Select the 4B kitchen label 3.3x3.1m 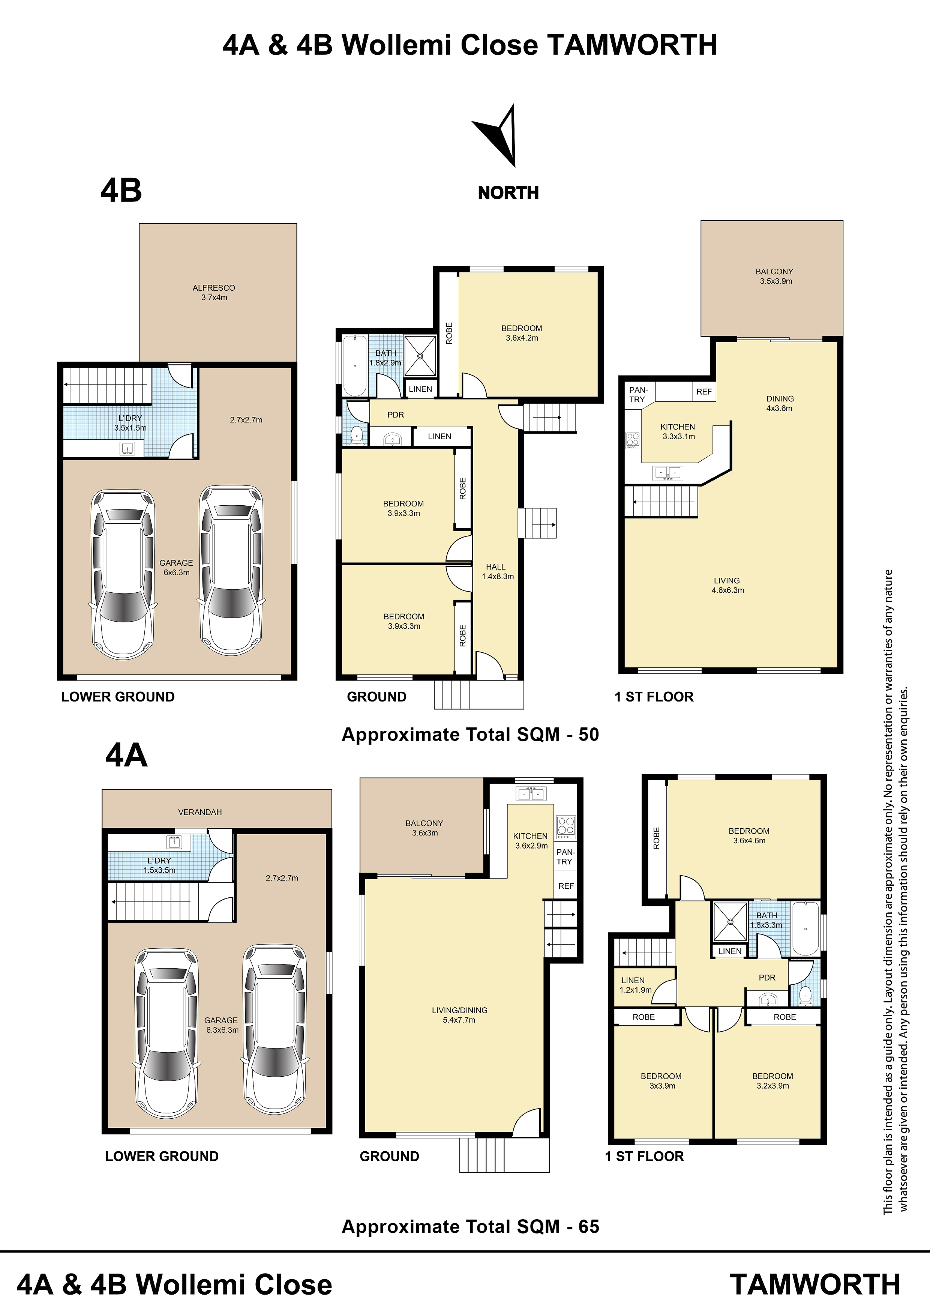coord(678,431)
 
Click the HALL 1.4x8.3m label coord(497,571)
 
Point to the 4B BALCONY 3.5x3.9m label coord(775,276)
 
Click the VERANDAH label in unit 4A coord(199,812)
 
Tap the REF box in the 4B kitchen coord(703,392)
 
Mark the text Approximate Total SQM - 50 coord(471,735)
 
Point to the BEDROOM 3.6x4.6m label coord(749,836)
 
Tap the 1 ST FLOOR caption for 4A coord(645,1156)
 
